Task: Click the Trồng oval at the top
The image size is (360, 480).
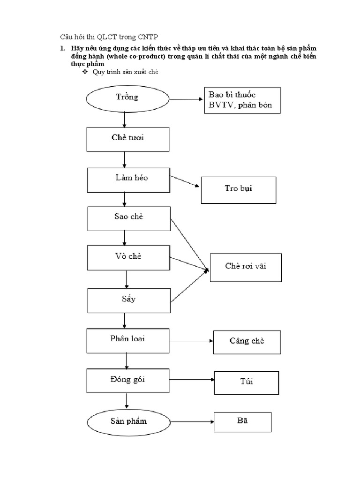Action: (x=127, y=98)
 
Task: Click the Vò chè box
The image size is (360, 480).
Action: (x=129, y=257)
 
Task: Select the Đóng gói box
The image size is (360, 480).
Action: (x=127, y=380)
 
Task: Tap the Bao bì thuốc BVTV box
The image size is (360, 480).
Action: (x=241, y=100)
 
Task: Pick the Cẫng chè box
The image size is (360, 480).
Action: (x=247, y=342)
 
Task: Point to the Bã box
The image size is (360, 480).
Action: (x=242, y=421)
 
